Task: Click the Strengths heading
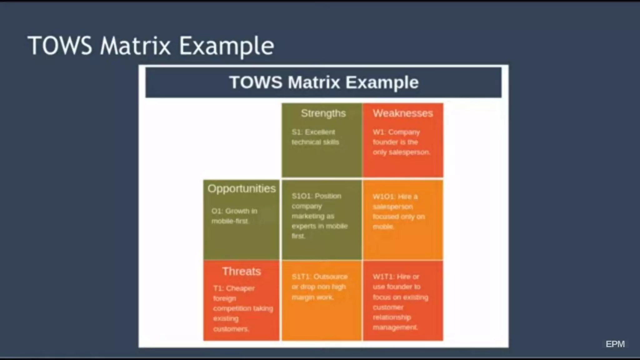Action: [323, 113]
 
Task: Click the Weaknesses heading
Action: [402, 113]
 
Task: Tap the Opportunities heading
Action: [242, 188]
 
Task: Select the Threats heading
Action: [241, 271]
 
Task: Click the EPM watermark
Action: [615, 344]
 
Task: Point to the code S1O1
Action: [302, 196]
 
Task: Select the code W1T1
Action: [383, 277]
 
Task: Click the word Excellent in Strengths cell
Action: [320, 132]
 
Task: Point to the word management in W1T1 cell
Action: [395, 327]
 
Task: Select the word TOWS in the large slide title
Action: [60, 46]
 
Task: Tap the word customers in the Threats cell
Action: [231, 329]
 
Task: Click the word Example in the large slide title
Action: [226, 46]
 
